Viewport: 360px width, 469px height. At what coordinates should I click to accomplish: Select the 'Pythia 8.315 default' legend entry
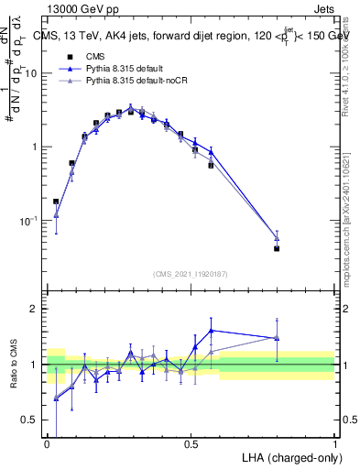pyautogui.click(x=128, y=69)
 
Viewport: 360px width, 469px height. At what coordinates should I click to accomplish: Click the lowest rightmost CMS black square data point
pyautogui.click(x=277, y=248)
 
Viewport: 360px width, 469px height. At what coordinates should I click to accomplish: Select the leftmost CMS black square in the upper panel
pyautogui.click(x=56, y=202)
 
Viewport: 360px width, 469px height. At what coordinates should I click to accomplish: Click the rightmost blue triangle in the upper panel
pyautogui.click(x=277, y=238)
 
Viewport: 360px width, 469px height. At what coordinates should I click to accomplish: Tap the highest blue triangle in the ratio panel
pyautogui.click(x=212, y=331)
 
